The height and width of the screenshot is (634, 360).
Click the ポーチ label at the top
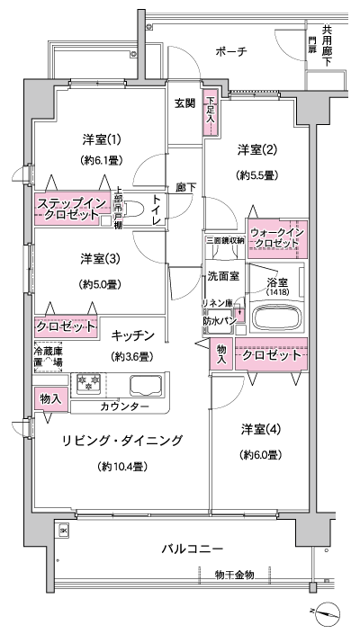click(x=231, y=52)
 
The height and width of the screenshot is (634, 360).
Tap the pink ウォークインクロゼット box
click(x=276, y=237)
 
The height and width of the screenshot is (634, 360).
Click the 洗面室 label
click(x=223, y=277)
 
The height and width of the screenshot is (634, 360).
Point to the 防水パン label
click(x=220, y=319)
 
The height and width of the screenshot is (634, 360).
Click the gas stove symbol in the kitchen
click(x=91, y=383)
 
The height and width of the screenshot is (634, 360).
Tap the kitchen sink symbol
click(x=147, y=385)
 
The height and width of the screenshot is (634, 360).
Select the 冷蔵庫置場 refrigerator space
click(x=49, y=357)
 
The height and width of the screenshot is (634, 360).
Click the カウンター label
click(x=126, y=407)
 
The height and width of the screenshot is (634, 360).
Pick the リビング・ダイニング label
click(x=122, y=441)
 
